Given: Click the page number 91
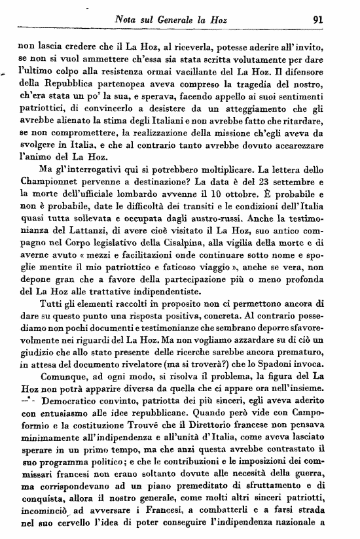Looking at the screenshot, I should [319, 19].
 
